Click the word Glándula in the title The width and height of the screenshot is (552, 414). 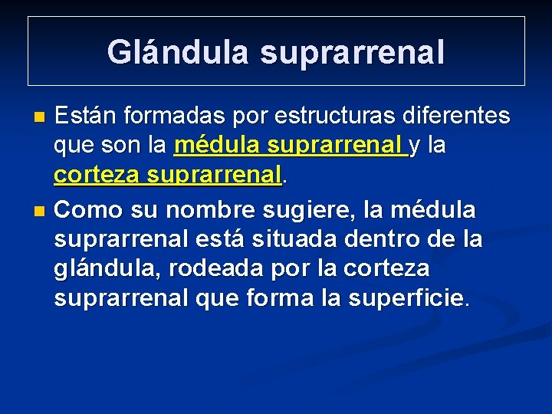177,52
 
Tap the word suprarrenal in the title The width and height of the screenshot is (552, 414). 352,52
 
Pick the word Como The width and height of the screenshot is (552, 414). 85,208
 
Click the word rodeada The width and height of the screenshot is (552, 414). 260,269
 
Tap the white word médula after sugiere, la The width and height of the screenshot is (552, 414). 435,208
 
